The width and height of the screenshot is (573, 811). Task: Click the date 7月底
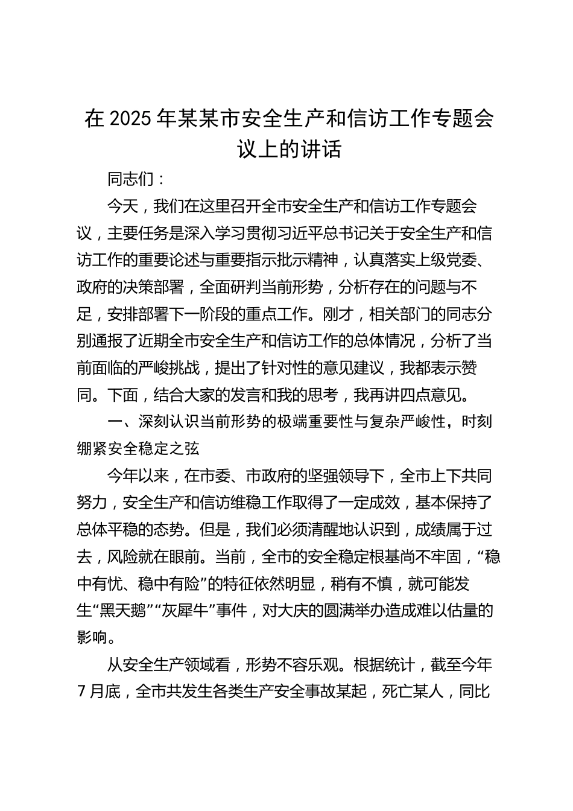[100, 691]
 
